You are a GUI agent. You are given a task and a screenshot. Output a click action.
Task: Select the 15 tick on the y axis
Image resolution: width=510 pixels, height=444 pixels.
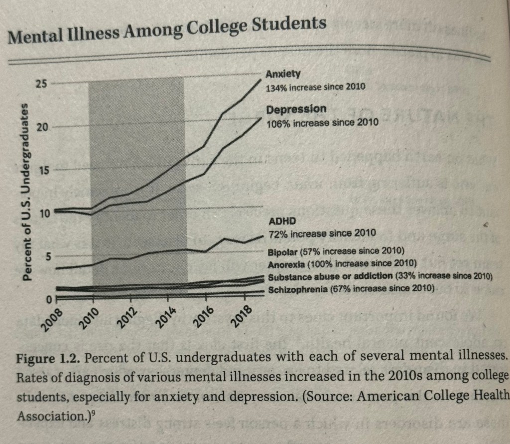coord(43,171)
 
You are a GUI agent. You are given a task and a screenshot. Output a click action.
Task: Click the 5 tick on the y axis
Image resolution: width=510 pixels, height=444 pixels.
coord(46,256)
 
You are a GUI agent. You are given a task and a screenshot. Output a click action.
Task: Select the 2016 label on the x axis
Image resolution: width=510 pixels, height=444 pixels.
coord(203,318)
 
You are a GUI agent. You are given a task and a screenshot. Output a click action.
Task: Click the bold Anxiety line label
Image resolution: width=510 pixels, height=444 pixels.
coord(283,74)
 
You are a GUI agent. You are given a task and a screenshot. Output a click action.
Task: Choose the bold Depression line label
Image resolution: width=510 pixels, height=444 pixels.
coord(296,109)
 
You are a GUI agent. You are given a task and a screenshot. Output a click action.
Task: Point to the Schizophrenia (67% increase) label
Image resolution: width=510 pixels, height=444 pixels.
coord(352,289)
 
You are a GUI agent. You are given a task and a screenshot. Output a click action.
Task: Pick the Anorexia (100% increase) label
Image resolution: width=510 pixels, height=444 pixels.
coord(343,263)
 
